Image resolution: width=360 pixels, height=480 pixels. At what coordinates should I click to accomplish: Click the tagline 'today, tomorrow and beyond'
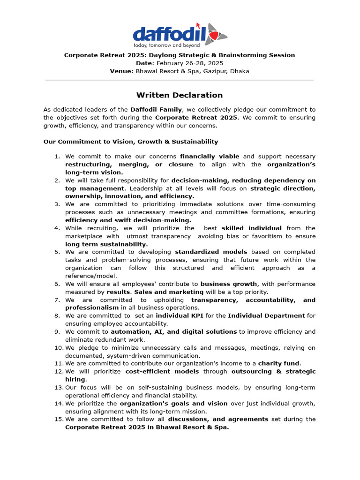pos(167,45)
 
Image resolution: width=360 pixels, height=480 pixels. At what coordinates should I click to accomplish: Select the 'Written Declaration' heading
pos(180,95)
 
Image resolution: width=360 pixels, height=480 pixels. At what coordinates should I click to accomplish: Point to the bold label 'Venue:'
pos(121,71)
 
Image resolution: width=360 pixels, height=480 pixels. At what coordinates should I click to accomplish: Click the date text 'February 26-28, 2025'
pos(190,63)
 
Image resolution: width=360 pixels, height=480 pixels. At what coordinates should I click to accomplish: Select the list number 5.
pos(57,252)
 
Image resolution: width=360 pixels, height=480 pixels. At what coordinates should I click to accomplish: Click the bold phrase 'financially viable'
pos(210,157)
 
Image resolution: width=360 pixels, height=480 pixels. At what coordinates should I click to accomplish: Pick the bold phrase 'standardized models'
pos(211,252)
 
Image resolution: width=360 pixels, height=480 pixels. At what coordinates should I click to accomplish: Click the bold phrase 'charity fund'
pos(279,363)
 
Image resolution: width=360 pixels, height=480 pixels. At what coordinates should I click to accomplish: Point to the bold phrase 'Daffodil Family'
pos(156,110)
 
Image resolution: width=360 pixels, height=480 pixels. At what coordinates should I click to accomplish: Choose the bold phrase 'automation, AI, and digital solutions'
pos(173,332)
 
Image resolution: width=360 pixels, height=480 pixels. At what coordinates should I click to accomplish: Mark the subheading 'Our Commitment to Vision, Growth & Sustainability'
pos(131,142)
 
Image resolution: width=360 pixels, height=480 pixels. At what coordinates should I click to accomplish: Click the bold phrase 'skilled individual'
pos(251,228)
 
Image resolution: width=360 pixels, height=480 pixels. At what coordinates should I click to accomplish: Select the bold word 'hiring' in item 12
pos(75,379)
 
